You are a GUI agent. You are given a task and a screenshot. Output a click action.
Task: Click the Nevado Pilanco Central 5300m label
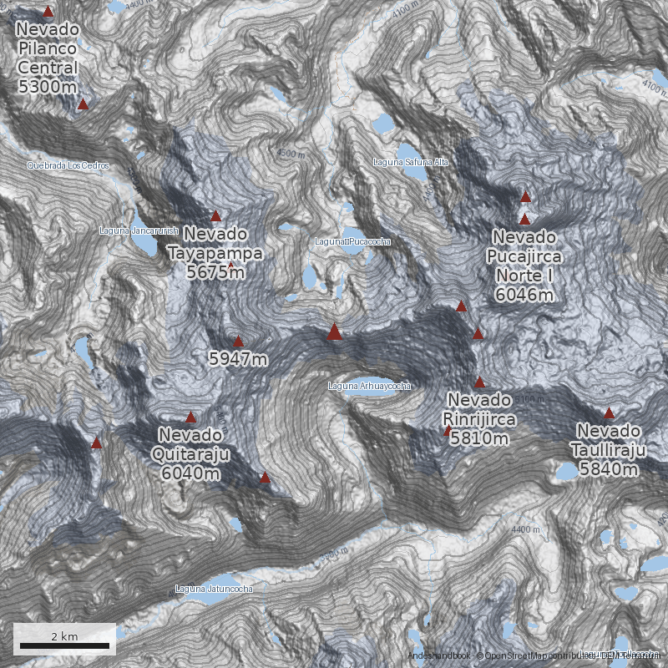click(48, 57)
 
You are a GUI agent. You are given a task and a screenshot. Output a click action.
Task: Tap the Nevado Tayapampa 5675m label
click(215, 252)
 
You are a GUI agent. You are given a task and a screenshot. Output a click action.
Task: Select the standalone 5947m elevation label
click(238, 360)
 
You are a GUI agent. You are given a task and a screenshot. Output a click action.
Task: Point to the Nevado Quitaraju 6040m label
click(190, 454)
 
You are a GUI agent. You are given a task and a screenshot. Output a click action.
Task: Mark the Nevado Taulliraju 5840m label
click(610, 450)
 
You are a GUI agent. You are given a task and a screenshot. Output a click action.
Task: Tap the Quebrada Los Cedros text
click(68, 165)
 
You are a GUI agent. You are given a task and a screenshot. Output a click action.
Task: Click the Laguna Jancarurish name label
click(139, 230)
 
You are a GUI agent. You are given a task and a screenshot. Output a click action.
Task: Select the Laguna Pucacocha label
click(352, 241)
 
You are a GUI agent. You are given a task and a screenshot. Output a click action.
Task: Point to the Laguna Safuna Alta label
click(410, 162)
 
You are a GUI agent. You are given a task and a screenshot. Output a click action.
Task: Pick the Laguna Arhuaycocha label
click(369, 386)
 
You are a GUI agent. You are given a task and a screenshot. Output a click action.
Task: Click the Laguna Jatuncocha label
click(214, 589)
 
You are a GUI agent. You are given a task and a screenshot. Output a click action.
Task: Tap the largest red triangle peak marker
click(334, 332)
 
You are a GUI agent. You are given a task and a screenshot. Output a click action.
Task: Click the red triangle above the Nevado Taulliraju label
click(609, 413)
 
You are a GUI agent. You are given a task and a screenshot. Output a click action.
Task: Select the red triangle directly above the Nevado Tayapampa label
click(215, 215)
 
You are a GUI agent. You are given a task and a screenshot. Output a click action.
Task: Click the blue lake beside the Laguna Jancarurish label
click(142, 245)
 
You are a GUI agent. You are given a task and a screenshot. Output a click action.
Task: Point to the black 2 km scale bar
click(64, 645)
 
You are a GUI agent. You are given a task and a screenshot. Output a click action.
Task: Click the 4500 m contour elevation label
click(291, 154)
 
